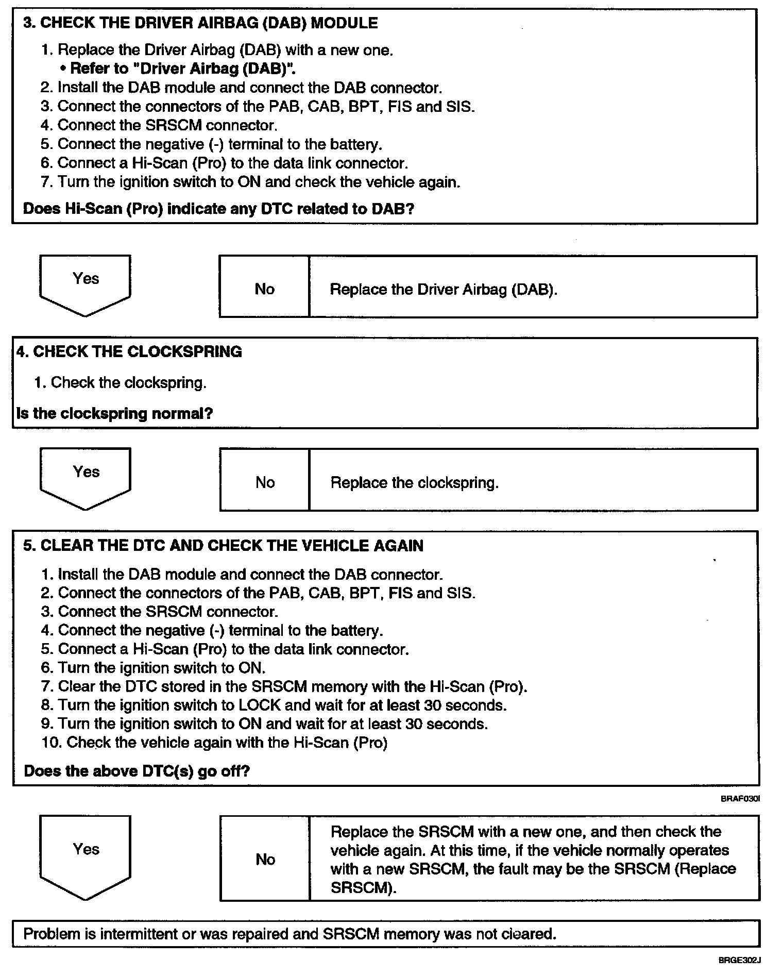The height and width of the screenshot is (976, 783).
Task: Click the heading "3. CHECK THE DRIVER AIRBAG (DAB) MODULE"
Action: point(200,23)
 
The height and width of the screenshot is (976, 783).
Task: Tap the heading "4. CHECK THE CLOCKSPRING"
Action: point(129,352)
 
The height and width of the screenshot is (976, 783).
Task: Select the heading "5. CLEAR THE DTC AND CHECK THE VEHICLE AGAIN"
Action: point(224,546)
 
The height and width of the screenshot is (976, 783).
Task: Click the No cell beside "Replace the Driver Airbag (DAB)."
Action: point(264,289)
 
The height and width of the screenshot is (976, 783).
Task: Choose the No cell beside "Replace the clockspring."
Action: point(265,482)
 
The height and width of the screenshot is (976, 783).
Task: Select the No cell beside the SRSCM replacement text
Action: point(265,859)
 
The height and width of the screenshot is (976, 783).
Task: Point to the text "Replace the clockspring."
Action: point(414,483)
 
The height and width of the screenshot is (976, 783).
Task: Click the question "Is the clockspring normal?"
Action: point(115,414)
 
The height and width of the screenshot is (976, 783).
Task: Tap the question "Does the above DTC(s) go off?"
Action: point(137,771)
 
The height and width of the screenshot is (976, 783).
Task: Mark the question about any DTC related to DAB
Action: point(219,209)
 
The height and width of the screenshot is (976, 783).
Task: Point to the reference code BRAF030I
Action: point(740,799)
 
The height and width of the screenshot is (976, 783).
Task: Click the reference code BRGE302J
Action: point(739,961)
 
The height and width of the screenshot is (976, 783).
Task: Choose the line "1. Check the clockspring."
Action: point(120,382)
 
